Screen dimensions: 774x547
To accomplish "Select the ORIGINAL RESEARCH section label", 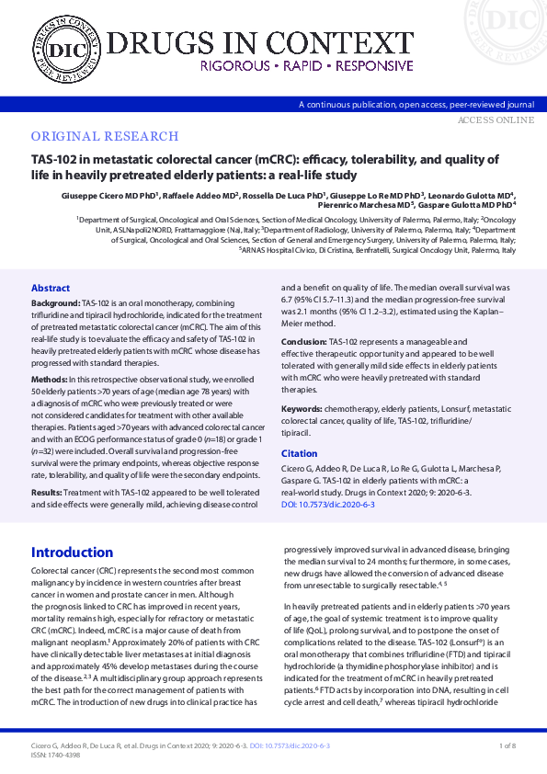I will (x=98, y=136).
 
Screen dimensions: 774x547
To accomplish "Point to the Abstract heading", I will (x=51, y=288).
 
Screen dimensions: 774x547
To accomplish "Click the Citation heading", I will (x=299, y=454).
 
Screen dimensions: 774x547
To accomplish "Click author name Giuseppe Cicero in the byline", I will (x=77, y=196).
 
